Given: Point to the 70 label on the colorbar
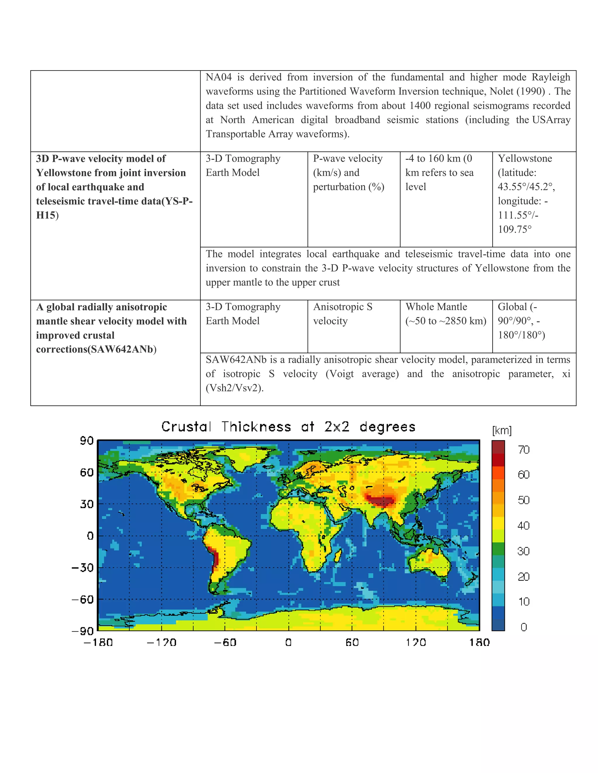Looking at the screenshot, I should (x=523, y=450).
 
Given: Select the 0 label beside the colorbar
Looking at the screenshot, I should (x=524, y=627).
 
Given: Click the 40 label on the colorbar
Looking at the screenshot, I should (x=523, y=526).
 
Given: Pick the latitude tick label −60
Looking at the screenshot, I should (x=83, y=599).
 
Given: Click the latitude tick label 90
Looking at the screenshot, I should (x=86, y=441).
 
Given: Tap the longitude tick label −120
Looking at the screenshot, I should (x=161, y=642).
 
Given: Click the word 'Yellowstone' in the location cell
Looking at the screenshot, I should (x=525, y=159).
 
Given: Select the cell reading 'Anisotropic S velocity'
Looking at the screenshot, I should (x=343, y=314).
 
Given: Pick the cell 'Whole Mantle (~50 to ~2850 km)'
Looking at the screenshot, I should (x=445, y=314).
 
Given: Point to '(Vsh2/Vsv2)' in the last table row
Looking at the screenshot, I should (x=234, y=388).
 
